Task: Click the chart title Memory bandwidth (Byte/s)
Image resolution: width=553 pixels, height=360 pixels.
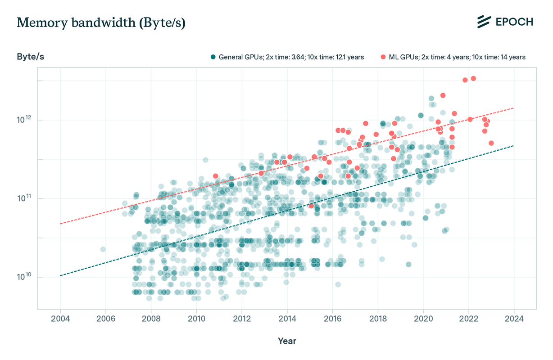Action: [101, 23]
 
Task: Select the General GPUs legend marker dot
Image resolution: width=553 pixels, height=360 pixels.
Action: [213, 57]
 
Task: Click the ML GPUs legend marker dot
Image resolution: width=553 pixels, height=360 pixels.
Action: [383, 57]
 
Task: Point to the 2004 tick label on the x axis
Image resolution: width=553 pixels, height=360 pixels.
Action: [60, 319]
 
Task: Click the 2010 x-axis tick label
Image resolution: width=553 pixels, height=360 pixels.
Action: [196, 319]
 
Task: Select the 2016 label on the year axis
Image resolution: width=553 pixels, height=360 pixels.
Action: [332, 319]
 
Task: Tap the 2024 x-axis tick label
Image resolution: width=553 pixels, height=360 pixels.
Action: [514, 319]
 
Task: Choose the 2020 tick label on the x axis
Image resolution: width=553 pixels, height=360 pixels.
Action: [423, 319]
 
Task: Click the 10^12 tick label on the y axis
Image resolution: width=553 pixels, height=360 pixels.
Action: [25, 120]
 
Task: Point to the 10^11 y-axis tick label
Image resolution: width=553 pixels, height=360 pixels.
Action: [25, 198]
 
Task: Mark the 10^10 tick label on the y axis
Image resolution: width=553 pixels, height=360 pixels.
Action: [25, 277]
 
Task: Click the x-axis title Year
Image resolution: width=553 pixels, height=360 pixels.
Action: [287, 341]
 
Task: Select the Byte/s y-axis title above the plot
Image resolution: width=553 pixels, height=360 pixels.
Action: [30, 57]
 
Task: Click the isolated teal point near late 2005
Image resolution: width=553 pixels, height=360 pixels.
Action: [103, 249]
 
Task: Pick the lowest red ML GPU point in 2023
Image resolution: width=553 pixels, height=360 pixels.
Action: [491, 143]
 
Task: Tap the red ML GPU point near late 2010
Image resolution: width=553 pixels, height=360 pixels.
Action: [216, 176]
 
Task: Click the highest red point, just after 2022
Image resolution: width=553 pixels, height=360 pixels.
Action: [473, 78]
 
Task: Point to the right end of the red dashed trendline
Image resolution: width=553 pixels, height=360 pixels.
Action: [513, 108]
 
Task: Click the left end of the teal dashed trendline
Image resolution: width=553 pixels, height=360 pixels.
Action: [60, 275]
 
